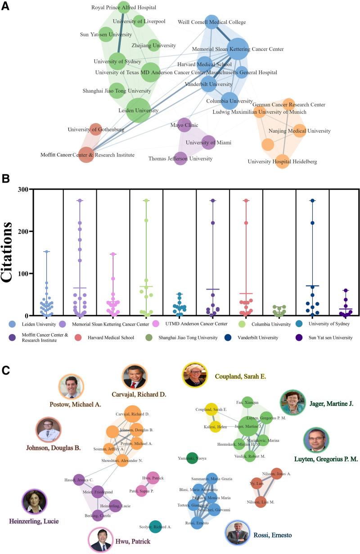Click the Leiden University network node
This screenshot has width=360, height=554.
(x=138, y=111)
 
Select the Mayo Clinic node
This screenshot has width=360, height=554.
(x=184, y=125)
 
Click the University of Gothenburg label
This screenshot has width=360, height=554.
(x=96, y=130)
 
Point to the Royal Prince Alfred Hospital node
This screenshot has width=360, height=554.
(x=124, y=8)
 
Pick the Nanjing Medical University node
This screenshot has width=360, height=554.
(x=299, y=131)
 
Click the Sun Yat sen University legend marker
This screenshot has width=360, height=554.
(x=299, y=337)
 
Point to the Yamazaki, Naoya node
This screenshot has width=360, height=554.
(x=192, y=458)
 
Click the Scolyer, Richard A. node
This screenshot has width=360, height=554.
(x=155, y=527)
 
